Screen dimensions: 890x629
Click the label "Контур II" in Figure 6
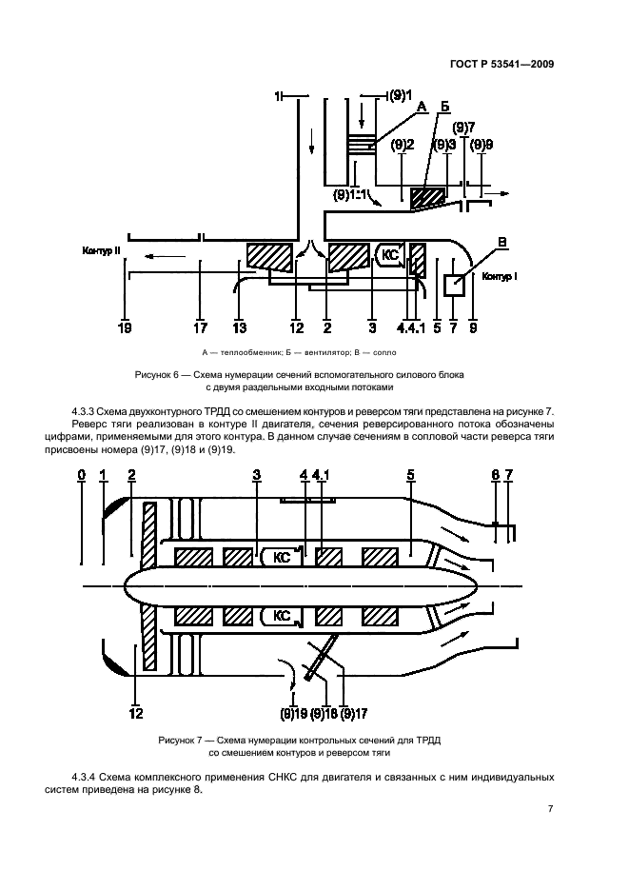[x=101, y=251]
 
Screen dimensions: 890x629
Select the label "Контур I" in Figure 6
[x=499, y=277]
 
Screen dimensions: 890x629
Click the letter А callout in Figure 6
[x=420, y=109]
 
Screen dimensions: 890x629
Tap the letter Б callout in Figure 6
[x=443, y=108]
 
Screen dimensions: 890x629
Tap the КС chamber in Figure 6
[x=389, y=254]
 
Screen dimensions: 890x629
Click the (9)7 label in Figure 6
[x=463, y=127]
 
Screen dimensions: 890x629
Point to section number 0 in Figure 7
[x=82, y=474]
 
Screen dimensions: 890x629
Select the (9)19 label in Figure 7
[x=293, y=713]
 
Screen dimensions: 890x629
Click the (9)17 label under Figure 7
[x=353, y=713]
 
